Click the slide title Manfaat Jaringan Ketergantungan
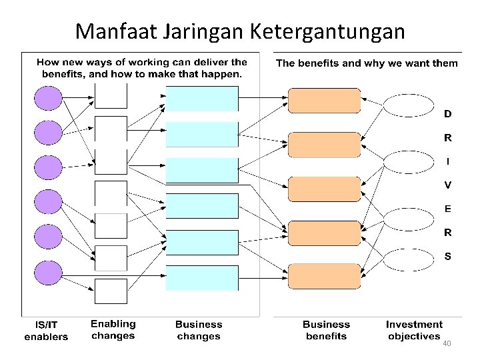click(x=239, y=31)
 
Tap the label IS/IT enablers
click(x=46, y=331)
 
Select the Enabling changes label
click(x=113, y=329)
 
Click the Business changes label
click(x=199, y=330)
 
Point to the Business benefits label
click(x=326, y=330)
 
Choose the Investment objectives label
click(x=414, y=329)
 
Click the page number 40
click(x=447, y=343)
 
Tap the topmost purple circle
click(x=48, y=99)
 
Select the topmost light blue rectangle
click(x=202, y=99)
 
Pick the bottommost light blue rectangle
click(x=202, y=278)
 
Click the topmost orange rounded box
click(x=324, y=100)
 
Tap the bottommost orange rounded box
click(x=324, y=277)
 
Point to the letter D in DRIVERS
click(x=448, y=114)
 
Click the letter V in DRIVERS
click(x=448, y=185)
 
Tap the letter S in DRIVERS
click(x=448, y=256)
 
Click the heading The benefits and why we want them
click(x=367, y=63)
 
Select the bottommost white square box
click(x=111, y=291)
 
